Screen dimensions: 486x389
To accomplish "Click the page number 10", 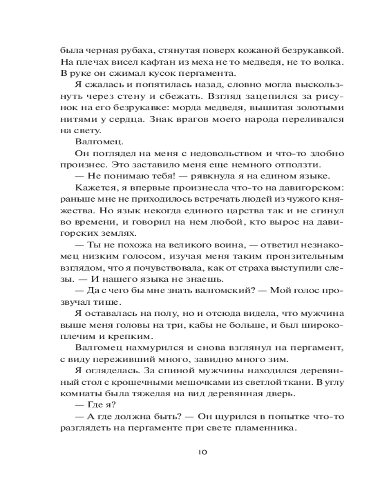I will (203, 452).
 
